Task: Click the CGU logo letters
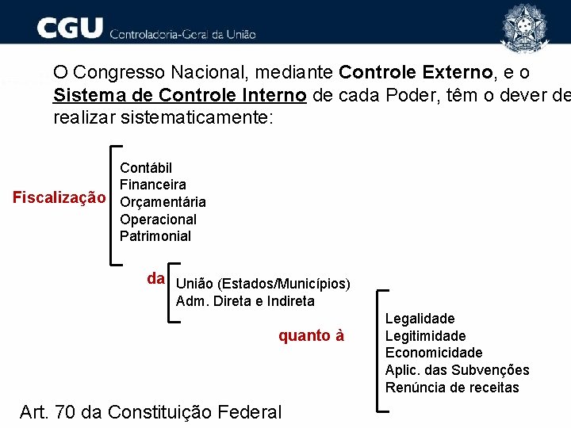[70, 29]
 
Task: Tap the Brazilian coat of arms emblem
[523, 26]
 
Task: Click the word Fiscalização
[59, 198]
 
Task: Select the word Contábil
[146, 167]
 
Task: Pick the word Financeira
[153, 185]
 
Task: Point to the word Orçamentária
[163, 202]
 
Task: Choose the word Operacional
[158, 219]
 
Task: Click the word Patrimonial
[155, 236]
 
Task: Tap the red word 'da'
[156, 279]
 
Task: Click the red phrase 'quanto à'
[311, 335]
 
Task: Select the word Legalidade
[420, 319]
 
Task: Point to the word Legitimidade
[425, 336]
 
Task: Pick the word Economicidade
[434, 353]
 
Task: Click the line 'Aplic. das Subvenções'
[457, 370]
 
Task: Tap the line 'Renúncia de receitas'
[452, 388]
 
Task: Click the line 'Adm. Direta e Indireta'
[245, 301]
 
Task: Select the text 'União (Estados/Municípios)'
[263, 284]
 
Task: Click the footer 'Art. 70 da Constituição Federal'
[150, 412]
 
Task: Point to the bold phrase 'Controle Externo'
[415, 73]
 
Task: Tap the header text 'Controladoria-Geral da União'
[182, 34]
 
